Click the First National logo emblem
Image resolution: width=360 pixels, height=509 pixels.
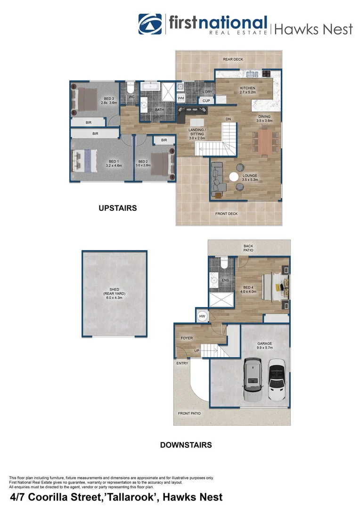(150, 24)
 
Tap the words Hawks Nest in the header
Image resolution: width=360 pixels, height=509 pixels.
(313, 29)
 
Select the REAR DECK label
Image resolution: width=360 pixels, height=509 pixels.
(233, 59)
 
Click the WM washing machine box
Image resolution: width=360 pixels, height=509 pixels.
(181, 98)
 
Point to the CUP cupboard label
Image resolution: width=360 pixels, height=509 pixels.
(206, 101)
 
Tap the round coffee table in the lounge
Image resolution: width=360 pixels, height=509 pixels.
(234, 177)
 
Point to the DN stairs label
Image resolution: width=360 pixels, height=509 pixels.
(228, 119)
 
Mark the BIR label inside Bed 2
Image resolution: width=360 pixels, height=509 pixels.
(164, 140)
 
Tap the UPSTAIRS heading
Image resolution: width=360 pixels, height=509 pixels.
(117, 208)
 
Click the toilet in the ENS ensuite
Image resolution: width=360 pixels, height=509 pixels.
(225, 265)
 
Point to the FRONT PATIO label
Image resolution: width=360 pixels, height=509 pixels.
(189, 413)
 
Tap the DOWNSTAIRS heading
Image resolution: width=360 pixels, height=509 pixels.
(186, 444)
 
